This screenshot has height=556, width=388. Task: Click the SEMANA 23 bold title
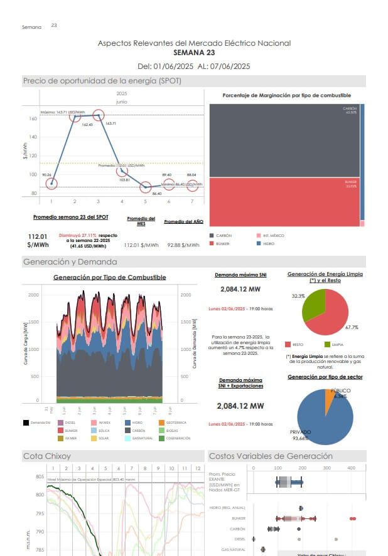(x=193, y=53)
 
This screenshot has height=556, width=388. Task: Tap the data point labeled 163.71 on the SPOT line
(x=98, y=115)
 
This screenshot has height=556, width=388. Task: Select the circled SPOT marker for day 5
(x=146, y=187)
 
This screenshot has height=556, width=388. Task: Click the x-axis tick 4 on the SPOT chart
(x=122, y=201)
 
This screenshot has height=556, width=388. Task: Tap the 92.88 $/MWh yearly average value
(x=183, y=246)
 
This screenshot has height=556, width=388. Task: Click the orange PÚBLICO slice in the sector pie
(x=330, y=397)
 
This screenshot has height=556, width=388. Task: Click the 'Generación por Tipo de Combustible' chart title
(x=109, y=277)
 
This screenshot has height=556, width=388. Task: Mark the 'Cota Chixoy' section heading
(x=47, y=456)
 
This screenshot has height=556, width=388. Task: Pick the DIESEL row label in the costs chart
(x=240, y=538)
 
